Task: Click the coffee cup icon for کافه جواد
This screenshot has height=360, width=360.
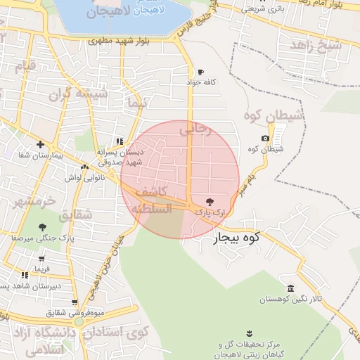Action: tap(200, 72)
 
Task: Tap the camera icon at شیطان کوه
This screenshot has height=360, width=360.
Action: tap(264, 139)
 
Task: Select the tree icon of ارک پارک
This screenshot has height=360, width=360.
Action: tap(208, 201)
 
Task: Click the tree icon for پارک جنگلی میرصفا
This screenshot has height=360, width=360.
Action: tap(42, 226)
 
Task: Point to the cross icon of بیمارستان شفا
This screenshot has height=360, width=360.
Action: tap(41, 144)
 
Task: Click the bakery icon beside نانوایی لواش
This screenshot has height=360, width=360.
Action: tap(85, 167)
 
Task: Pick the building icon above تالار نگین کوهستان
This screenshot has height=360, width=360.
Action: tap(290, 288)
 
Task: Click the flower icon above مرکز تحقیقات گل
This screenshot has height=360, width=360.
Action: tap(249, 332)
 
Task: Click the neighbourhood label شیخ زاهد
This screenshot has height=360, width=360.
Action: tap(319, 46)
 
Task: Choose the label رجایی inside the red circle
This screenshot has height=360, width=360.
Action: tap(195, 129)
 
